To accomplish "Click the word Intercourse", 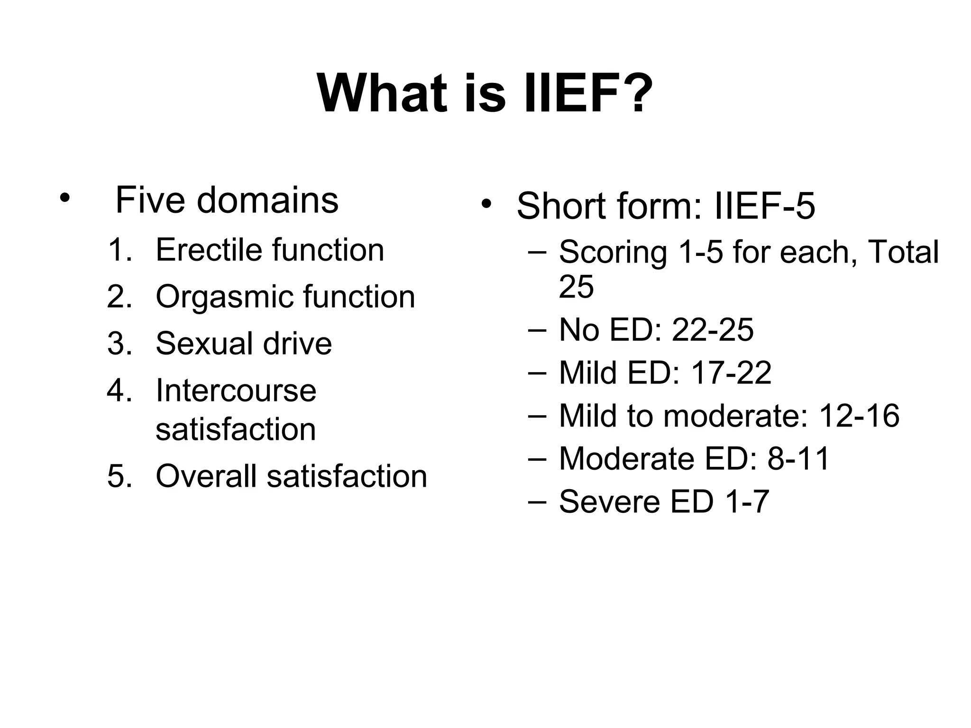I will coord(236,391).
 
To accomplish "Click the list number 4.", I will coord(119,391).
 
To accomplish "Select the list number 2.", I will coord(119,297).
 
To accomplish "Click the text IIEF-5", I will coord(764,206).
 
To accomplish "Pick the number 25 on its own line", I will coord(576,286).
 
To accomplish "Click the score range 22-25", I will coord(713,330).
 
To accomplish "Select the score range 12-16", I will coord(859,416).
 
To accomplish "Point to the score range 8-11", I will coord(798,459).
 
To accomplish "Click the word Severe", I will coord(609,502).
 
